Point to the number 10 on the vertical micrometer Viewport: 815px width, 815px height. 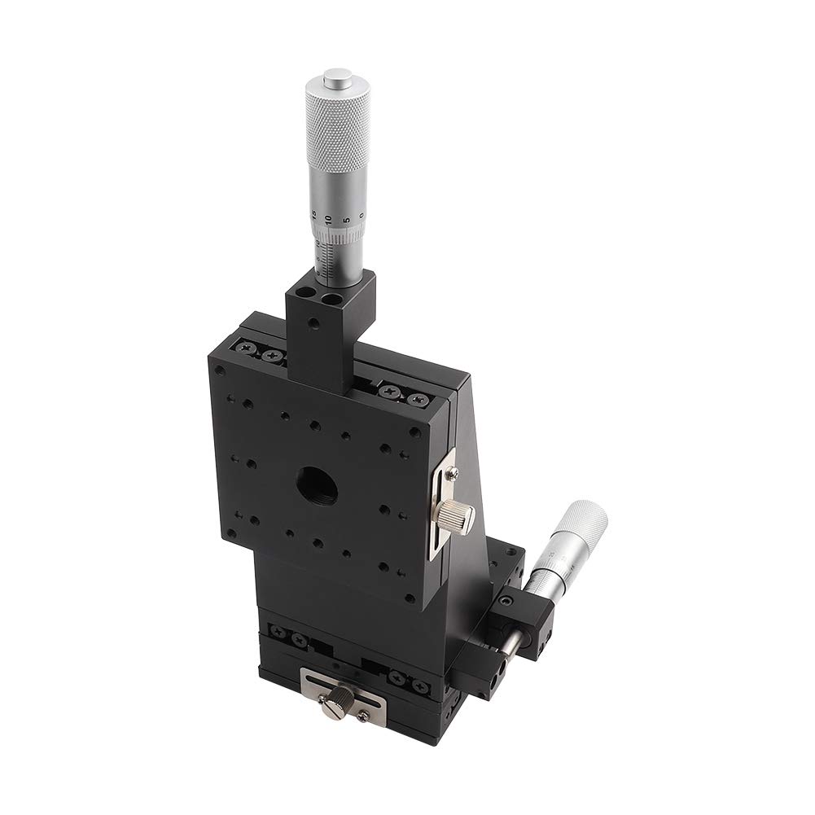(327, 218)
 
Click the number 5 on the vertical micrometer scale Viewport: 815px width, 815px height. (345, 217)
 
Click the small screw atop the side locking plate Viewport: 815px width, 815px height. (454, 470)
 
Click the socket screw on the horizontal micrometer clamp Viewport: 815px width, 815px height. (509, 601)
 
